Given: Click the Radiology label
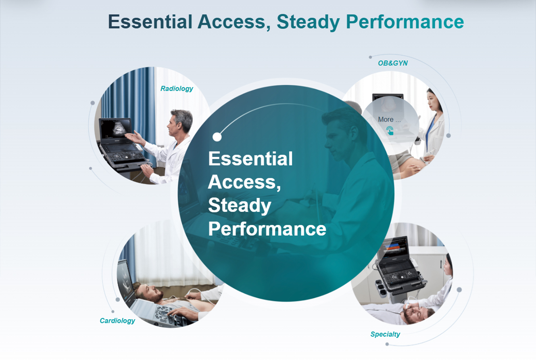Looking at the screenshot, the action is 177,89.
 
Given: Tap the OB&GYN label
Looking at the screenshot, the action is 393,63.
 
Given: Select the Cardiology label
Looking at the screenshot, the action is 117,321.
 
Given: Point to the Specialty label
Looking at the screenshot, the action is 385,334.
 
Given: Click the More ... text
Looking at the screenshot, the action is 389,119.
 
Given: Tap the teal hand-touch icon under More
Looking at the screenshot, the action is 390,131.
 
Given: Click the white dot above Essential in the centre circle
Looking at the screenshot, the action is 217,137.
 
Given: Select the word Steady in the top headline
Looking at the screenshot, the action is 308,22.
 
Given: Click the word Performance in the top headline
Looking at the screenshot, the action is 405,22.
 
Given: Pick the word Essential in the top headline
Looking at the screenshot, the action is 150,21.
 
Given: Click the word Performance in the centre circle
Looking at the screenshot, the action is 267,229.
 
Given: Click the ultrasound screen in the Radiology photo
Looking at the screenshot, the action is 116,130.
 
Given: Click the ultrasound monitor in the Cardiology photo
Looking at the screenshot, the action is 125,280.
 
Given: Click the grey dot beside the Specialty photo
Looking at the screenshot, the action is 459,290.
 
